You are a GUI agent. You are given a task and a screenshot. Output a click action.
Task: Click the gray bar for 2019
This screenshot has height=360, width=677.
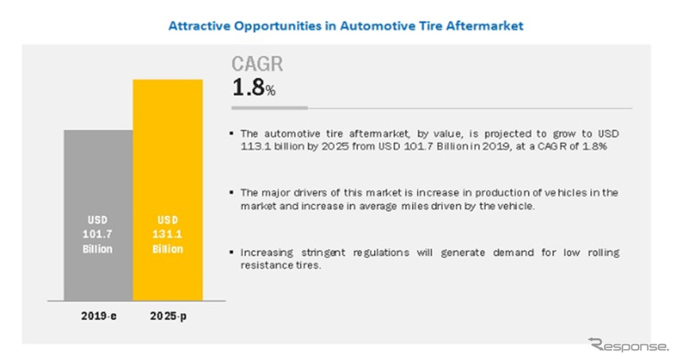pyautogui.click(x=99, y=215)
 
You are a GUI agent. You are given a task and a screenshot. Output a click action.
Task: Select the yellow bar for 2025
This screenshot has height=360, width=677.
pyautogui.click(x=168, y=190)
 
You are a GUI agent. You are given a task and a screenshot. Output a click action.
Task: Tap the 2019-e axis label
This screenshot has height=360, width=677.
pyautogui.click(x=99, y=316)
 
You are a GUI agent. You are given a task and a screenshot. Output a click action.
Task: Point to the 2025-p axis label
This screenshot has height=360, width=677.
pyautogui.click(x=169, y=316)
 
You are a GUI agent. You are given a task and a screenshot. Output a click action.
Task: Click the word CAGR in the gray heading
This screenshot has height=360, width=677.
pyautogui.click(x=257, y=64)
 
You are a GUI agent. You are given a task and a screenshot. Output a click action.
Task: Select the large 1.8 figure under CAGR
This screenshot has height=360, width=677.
pyautogui.click(x=248, y=87)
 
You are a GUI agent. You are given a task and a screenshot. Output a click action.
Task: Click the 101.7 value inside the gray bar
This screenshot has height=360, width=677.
pyautogui.click(x=98, y=234)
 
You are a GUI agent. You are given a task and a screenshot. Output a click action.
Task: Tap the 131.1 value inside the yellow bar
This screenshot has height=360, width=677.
pyautogui.click(x=168, y=234)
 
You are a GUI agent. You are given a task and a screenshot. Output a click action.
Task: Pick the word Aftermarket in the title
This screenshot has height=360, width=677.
pyautogui.click(x=485, y=26)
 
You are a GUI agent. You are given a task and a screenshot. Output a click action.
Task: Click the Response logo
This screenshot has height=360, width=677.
pyautogui.click(x=628, y=345)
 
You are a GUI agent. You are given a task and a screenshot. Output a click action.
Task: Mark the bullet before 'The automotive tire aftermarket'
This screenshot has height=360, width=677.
pyautogui.click(x=232, y=134)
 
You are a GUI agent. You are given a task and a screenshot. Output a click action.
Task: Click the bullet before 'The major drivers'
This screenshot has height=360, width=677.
pyautogui.click(x=232, y=192)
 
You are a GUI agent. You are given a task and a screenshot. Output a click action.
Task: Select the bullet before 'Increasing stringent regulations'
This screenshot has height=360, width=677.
pyautogui.click(x=232, y=252)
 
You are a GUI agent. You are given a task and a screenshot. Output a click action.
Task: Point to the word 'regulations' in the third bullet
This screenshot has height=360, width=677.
pyautogui.click(x=381, y=252)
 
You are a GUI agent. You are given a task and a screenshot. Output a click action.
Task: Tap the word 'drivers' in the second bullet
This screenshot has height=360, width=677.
pyautogui.click(x=311, y=192)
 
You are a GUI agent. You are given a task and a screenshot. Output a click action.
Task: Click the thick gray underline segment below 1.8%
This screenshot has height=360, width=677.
pyautogui.click(x=269, y=108)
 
